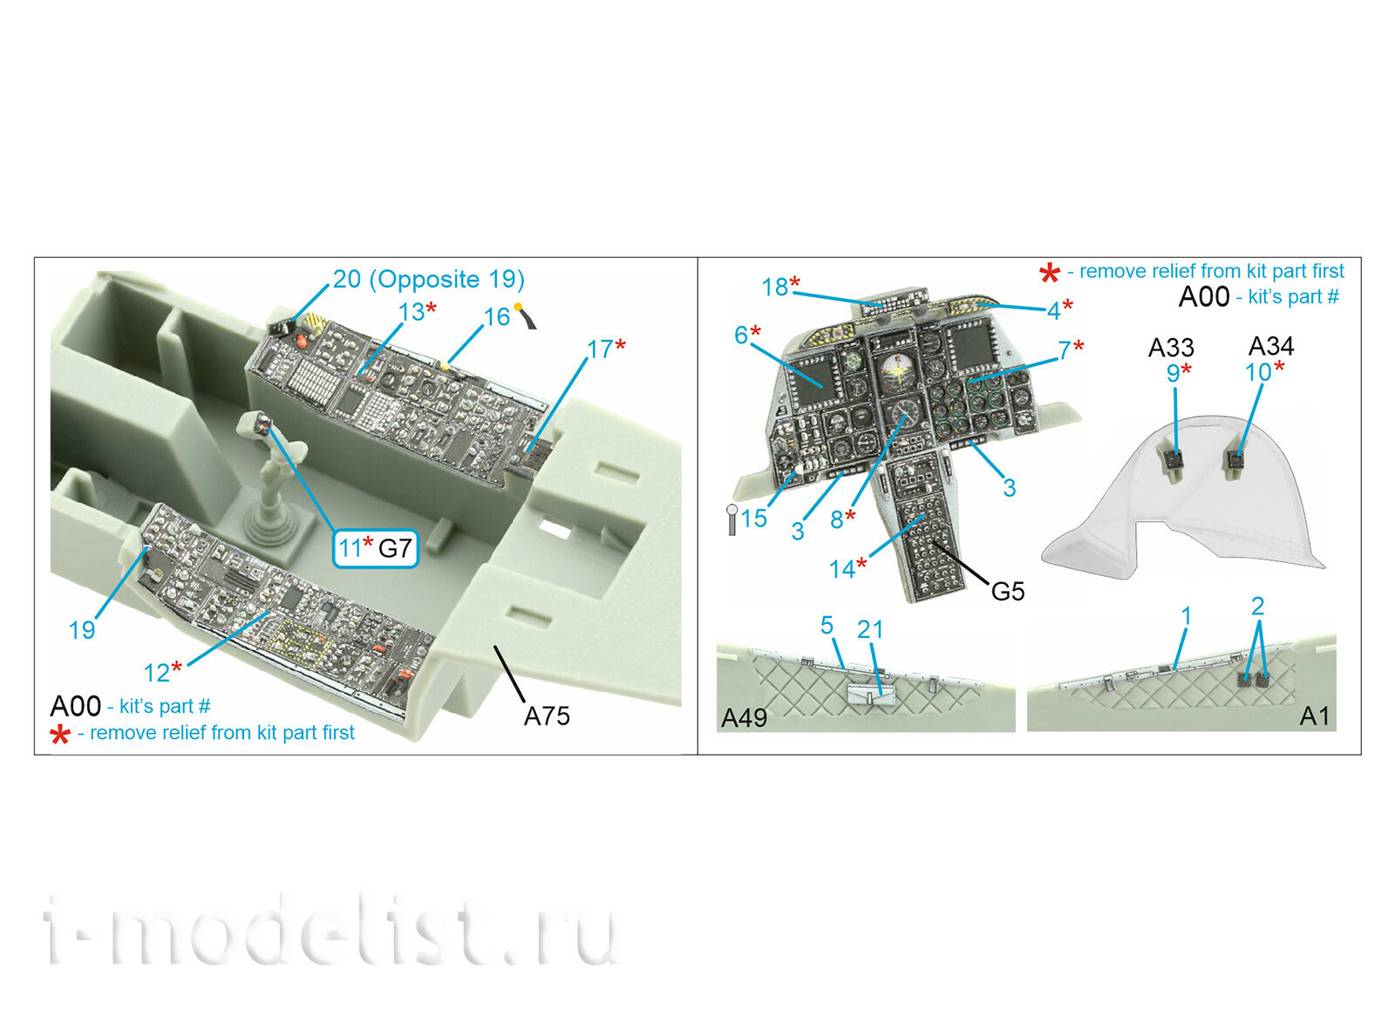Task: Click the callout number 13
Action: tap(412, 312)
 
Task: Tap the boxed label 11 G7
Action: tap(376, 548)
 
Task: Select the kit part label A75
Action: tap(547, 716)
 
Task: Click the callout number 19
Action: tap(82, 630)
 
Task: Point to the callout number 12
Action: tap(156, 673)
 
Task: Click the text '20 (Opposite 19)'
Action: tap(428, 279)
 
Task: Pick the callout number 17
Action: tap(600, 349)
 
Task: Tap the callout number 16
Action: tap(496, 317)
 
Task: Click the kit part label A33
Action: tap(1172, 348)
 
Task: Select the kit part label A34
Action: tap(1271, 345)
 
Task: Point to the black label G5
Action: tap(1008, 592)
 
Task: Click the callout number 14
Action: tap(842, 569)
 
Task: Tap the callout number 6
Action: tap(740, 335)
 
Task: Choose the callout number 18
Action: tap(775, 287)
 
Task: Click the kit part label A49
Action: tap(744, 718)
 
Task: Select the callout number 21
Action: tap(870, 630)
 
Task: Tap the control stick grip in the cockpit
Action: tap(264, 426)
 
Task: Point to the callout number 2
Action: tap(1257, 607)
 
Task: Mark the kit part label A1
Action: tap(1314, 716)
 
